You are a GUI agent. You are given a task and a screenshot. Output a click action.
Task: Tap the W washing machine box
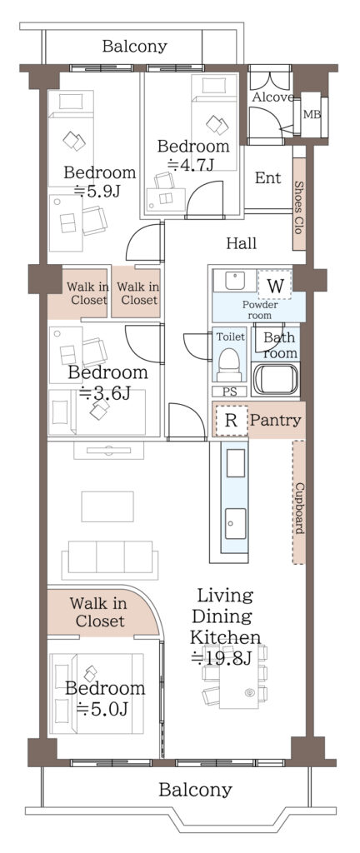(x=275, y=285)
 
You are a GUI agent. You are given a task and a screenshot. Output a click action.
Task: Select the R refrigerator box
(x=231, y=421)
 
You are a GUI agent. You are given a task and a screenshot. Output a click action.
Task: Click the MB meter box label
(x=312, y=115)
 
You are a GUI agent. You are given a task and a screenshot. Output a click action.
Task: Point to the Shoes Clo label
(x=299, y=207)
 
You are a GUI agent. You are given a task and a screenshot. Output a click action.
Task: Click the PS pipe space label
(x=229, y=392)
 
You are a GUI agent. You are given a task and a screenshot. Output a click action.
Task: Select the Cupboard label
(x=299, y=508)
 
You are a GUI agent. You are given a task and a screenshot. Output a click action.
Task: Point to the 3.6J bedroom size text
(x=104, y=393)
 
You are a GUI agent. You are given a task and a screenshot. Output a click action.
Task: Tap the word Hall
(x=242, y=243)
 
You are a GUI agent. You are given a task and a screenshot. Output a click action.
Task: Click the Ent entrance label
(x=268, y=178)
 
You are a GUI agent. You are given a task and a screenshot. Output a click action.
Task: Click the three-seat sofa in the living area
(x=110, y=560)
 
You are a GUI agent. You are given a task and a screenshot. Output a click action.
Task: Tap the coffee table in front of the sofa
(x=107, y=506)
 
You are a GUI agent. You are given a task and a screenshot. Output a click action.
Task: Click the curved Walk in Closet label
(x=98, y=612)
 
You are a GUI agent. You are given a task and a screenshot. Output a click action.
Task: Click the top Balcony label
(x=134, y=47)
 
